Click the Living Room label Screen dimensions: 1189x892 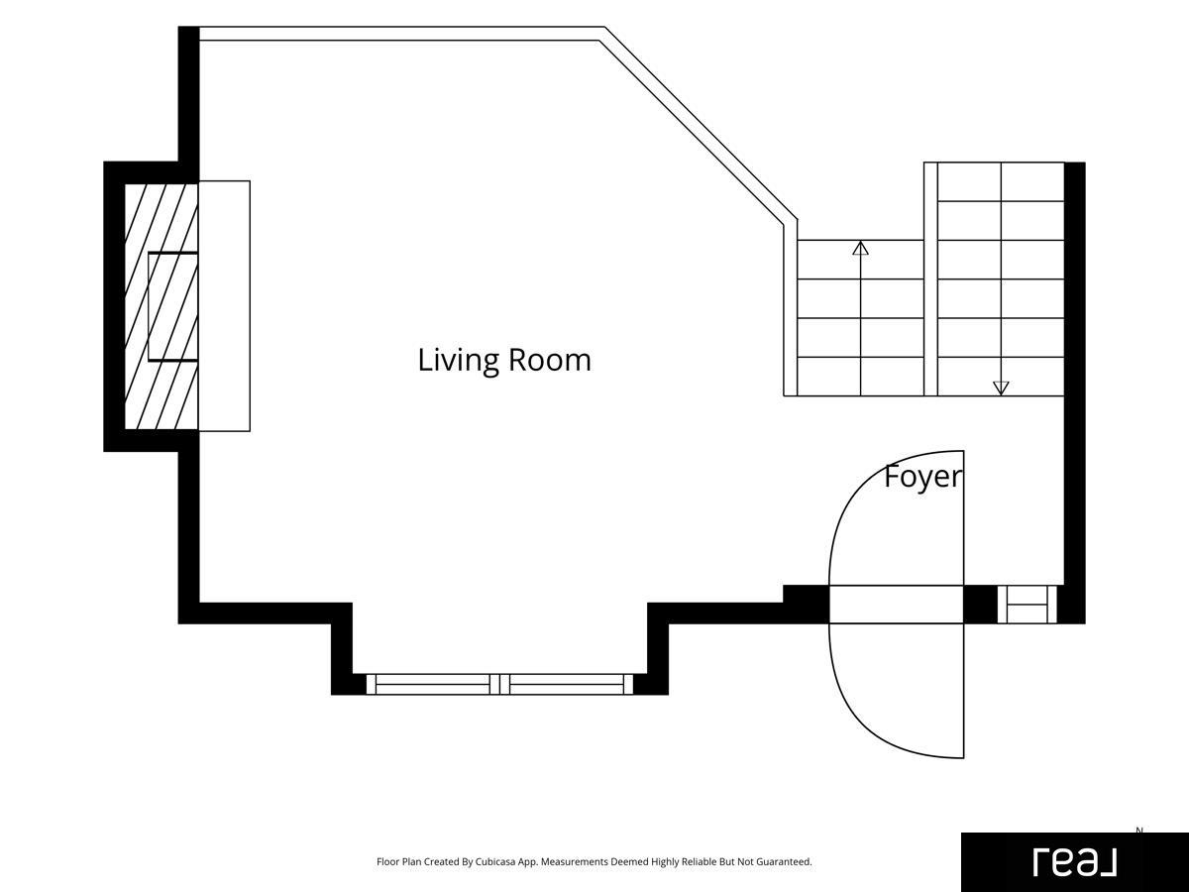504,360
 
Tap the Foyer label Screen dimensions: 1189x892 923,477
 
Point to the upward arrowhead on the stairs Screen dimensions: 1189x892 860,248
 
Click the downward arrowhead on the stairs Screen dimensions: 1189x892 1001,388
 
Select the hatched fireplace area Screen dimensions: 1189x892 161,306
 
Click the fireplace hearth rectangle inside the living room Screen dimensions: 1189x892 224,306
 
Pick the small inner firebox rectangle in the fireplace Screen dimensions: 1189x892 172,306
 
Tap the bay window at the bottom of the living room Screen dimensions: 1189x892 499,684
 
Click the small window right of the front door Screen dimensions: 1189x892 1027,605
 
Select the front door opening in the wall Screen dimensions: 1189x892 896,605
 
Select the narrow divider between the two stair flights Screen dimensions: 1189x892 930,279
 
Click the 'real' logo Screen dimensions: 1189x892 1075,862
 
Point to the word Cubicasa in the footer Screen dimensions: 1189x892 495,861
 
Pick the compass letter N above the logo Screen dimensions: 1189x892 1139,831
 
